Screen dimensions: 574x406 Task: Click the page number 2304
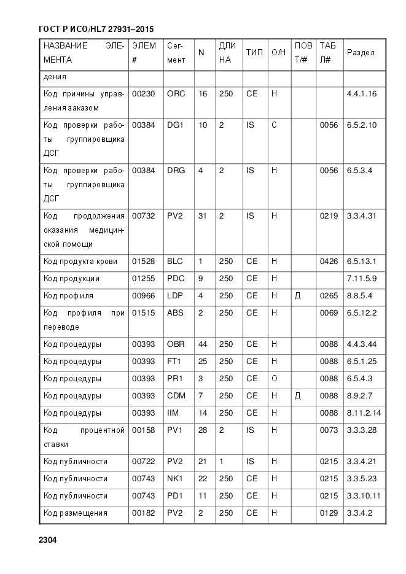coord(47,540)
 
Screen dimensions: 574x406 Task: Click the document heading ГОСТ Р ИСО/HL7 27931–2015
coord(96,29)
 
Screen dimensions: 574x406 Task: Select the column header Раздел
coord(361,53)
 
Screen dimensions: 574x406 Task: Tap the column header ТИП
coord(254,53)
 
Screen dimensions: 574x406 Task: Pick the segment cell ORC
coord(176,94)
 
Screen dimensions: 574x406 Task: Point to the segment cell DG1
coord(176,125)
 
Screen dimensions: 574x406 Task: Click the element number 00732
coord(144,216)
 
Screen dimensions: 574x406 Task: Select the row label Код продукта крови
coord(80,262)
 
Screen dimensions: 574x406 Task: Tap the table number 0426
coord(329,262)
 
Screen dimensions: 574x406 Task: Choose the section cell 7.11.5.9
coord(361,279)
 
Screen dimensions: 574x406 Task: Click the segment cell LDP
coord(176,296)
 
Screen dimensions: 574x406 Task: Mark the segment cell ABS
coord(175,313)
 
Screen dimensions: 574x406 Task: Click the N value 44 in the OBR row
coord(202,344)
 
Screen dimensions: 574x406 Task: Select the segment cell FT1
coord(175,362)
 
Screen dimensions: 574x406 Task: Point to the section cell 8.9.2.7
coord(359,396)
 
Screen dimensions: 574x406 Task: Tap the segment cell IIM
coord(173,413)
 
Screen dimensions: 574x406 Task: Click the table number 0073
coord(329,430)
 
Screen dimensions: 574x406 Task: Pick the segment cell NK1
coord(175,479)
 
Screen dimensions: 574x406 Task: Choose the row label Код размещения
coord(76,513)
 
